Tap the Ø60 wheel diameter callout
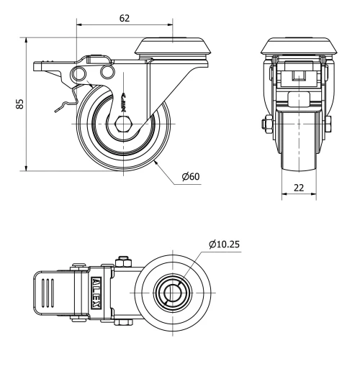pos(192,178)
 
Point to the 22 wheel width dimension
pos(297,188)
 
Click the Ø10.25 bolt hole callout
pos(225,244)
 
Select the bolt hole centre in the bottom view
pos(173,294)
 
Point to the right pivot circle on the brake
pos(107,73)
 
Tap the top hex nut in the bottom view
pos(123,260)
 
